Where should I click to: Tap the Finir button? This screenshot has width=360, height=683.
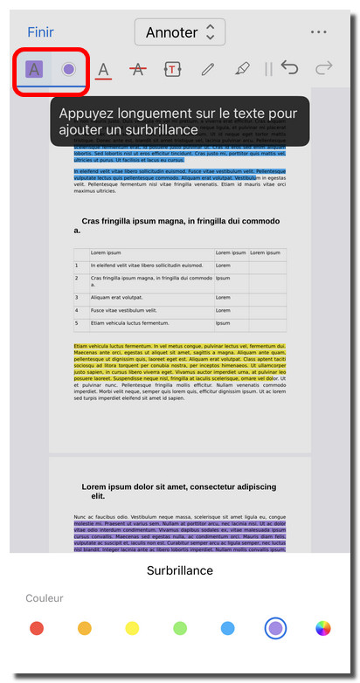coord(40,32)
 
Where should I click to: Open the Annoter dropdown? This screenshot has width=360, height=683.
coord(180,32)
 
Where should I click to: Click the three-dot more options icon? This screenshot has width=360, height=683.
coord(318,32)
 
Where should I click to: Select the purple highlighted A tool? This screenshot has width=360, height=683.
coord(34,69)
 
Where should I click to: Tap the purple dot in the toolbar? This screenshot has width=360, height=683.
coord(69,69)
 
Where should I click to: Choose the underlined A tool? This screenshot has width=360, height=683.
coord(103,70)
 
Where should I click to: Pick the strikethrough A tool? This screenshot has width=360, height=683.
coord(137,69)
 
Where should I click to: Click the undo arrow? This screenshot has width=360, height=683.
coord(289,68)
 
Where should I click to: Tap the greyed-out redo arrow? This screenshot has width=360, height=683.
coord(324,68)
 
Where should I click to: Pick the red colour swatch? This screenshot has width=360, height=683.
coord(37,628)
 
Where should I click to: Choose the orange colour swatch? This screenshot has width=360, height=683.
coord(85,628)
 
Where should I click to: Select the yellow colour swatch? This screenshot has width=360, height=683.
coord(132,628)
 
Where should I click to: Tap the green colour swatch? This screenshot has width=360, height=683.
coord(180,628)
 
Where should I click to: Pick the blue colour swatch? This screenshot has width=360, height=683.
coord(227,628)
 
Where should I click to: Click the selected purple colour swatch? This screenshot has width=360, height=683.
coord(275,628)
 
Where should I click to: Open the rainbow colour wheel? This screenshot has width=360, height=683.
coord(323,628)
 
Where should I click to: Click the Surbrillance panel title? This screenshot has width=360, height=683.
coord(179,570)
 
